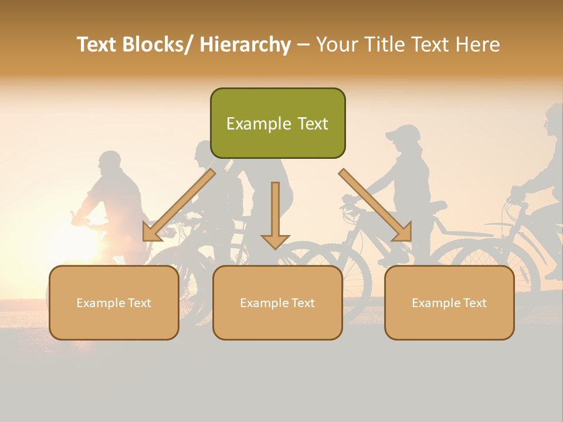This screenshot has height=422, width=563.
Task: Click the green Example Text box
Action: (277, 123)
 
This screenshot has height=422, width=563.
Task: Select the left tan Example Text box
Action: (114, 302)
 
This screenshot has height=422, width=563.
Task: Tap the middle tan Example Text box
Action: (277, 302)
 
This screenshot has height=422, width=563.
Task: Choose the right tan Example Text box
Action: (449, 302)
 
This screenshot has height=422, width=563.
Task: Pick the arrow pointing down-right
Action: (375, 205)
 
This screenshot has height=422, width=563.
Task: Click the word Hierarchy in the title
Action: (245, 45)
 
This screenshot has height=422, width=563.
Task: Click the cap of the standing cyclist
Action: (403, 133)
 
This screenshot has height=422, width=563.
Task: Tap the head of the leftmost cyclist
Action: (109, 163)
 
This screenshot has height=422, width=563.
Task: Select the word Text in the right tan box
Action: (474, 302)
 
